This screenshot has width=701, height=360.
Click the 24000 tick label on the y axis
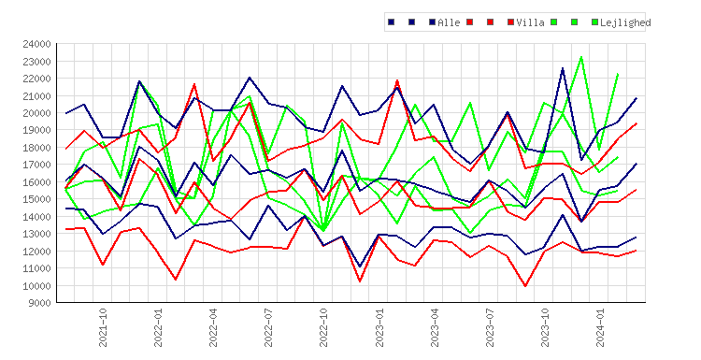[x=36, y=44]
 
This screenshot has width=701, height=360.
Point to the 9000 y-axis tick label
[x=39, y=303]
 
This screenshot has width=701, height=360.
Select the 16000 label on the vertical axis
[x=36, y=182]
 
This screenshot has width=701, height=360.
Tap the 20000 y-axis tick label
[x=36, y=113]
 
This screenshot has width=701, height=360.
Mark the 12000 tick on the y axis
[x=36, y=251]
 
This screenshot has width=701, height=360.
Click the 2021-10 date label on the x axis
[x=103, y=327]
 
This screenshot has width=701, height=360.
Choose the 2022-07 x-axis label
[x=268, y=327]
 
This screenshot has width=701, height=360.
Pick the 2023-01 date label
[x=379, y=327]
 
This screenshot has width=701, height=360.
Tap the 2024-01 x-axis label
[x=600, y=327]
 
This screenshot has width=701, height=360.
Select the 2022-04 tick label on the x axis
[x=213, y=327]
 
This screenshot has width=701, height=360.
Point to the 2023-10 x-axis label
[x=545, y=327]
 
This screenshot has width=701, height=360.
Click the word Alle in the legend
[x=449, y=22]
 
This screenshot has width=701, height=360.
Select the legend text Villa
[x=530, y=22]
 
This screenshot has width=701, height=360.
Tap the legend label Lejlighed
[x=625, y=22]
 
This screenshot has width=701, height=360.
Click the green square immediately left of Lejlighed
[x=595, y=22]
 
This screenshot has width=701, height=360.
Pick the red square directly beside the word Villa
[x=511, y=22]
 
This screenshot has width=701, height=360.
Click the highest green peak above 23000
[x=581, y=57]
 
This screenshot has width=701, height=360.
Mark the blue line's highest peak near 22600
[x=563, y=68]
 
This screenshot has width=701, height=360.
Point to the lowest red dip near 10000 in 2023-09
[x=525, y=286]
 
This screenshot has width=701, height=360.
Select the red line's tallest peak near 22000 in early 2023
[x=397, y=80]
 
